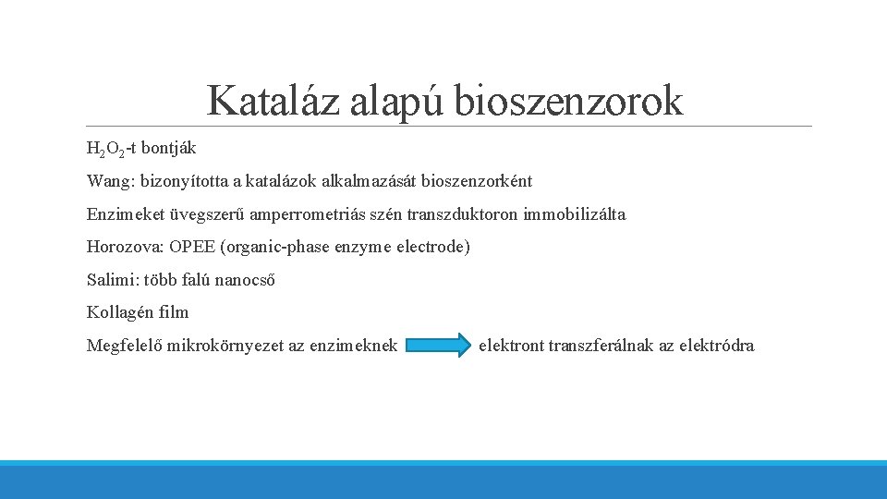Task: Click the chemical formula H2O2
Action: (104, 148)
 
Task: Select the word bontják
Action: (168, 148)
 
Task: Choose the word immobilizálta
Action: (574, 214)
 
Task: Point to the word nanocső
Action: (243, 280)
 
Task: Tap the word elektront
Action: (511, 346)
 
